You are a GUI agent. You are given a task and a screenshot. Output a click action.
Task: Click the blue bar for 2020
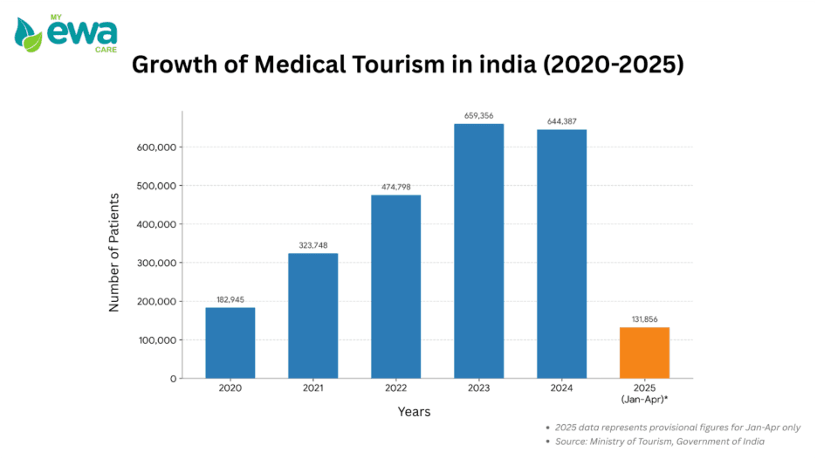230,343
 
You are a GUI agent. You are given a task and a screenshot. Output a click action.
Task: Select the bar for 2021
313,316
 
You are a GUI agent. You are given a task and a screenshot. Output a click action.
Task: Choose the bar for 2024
562,254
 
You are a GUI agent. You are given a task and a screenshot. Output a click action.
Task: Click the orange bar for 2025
644,353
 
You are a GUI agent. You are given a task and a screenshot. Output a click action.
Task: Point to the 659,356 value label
479,115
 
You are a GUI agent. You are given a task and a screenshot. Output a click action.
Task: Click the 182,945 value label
230,299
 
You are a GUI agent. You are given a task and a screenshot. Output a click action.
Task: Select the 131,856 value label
644,319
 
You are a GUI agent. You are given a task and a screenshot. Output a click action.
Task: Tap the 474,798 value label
396,187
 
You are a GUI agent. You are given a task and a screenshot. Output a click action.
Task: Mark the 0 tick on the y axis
173,379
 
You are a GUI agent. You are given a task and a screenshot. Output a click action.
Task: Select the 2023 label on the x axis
479,387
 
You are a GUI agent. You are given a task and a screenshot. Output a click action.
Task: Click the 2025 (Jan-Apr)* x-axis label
644,393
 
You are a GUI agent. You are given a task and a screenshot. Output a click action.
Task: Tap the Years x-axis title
414,411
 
